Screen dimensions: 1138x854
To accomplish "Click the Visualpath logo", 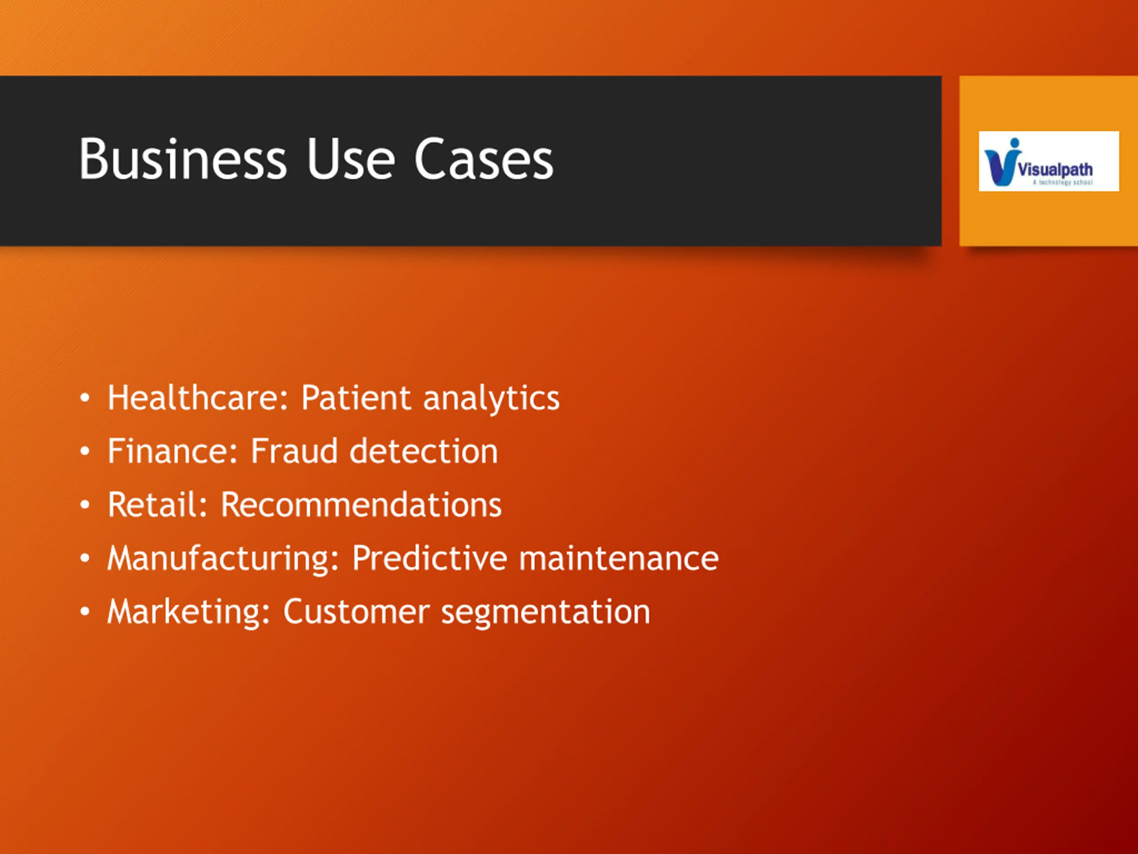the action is (1049, 161).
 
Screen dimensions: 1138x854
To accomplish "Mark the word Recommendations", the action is (361, 504).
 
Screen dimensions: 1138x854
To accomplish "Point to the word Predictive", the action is (429, 558).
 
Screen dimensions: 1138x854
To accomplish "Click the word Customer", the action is (357, 612).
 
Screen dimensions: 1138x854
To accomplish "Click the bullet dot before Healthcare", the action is (85, 399).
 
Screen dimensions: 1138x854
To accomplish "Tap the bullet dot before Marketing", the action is (85, 612).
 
